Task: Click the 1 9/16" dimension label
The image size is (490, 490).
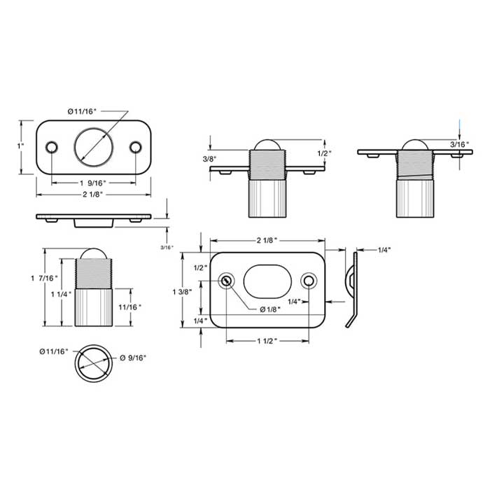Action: click(93, 182)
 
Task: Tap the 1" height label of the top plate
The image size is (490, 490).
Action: click(21, 146)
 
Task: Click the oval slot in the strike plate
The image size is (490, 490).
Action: click(267, 280)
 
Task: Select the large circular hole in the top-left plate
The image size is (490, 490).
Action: click(94, 146)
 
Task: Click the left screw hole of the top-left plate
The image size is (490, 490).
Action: click(51, 146)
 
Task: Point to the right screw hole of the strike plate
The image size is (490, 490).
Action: click(309, 281)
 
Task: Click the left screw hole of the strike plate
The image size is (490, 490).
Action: click(226, 281)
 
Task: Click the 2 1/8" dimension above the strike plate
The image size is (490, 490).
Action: click(267, 240)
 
